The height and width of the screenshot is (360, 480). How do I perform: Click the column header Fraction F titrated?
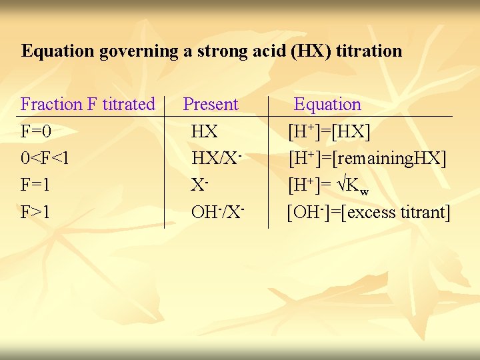[87, 104]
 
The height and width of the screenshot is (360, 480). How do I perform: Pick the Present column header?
[211, 104]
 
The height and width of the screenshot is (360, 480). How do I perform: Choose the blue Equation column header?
[327, 104]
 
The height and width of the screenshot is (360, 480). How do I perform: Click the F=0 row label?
[37, 131]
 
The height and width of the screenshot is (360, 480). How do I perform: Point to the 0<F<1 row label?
[45, 159]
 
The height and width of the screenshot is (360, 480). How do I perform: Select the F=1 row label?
[37, 185]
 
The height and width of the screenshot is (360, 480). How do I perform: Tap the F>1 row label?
[37, 213]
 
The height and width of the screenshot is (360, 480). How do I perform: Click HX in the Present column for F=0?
[204, 131]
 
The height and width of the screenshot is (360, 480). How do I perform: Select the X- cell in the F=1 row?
[198, 185]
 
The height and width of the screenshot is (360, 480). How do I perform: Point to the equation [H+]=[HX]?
[329, 131]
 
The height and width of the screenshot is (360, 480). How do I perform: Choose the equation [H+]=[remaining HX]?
[367, 159]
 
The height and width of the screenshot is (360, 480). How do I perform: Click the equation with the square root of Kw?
[329, 186]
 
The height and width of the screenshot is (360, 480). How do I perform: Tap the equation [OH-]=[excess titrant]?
[369, 213]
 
